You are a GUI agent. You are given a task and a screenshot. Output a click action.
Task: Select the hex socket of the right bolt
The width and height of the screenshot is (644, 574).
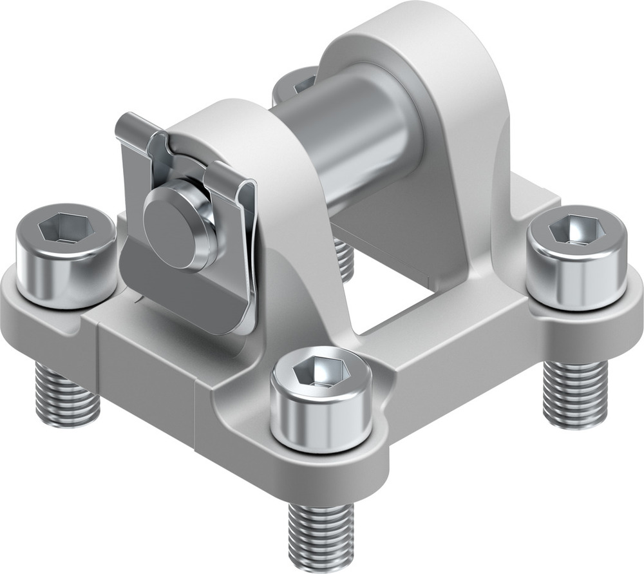(x=577, y=229)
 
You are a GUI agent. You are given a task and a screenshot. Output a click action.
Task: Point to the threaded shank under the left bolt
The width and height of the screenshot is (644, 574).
(x=68, y=394)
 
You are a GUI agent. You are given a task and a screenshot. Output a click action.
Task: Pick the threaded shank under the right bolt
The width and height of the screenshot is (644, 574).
(x=574, y=394)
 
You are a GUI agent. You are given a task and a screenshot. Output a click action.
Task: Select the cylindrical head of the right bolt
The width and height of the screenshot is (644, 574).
(x=577, y=271)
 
